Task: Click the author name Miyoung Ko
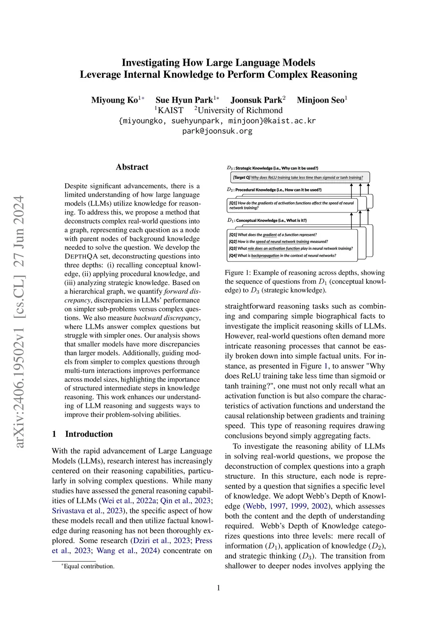click(x=114, y=100)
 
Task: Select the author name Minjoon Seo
click(x=320, y=100)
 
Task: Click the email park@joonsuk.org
click(x=217, y=131)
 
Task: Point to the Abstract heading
click(x=132, y=167)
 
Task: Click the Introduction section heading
click(x=89, y=434)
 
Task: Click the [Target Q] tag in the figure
click(x=242, y=177)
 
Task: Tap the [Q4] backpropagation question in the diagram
click(x=282, y=256)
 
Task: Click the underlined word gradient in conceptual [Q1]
click(x=270, y=235)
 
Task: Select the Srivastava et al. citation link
click(x=77, y=511)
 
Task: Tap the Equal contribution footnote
click(x=88, y=566)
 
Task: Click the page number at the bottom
click(x=218, y=588)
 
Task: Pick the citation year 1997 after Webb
click(x=277, y=506)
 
